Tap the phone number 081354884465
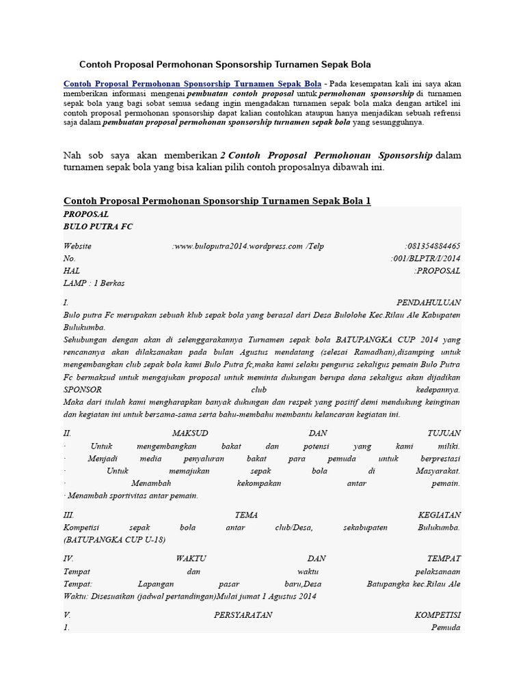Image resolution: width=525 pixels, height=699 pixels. (x=433, y=246)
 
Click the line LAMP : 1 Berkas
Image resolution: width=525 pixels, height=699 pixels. (x=94, y=283)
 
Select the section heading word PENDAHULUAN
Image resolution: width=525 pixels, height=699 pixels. (x=429, y=302)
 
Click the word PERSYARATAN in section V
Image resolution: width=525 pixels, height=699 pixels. (x=243, y=615)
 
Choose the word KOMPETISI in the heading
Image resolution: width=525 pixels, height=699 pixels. (x=437, y=615)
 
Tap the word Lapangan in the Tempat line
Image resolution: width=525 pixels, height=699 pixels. (x=156, y=584)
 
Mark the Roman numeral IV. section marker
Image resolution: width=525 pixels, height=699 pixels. (x=68, y=558)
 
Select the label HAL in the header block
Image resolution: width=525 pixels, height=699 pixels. (x=72, y=270)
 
